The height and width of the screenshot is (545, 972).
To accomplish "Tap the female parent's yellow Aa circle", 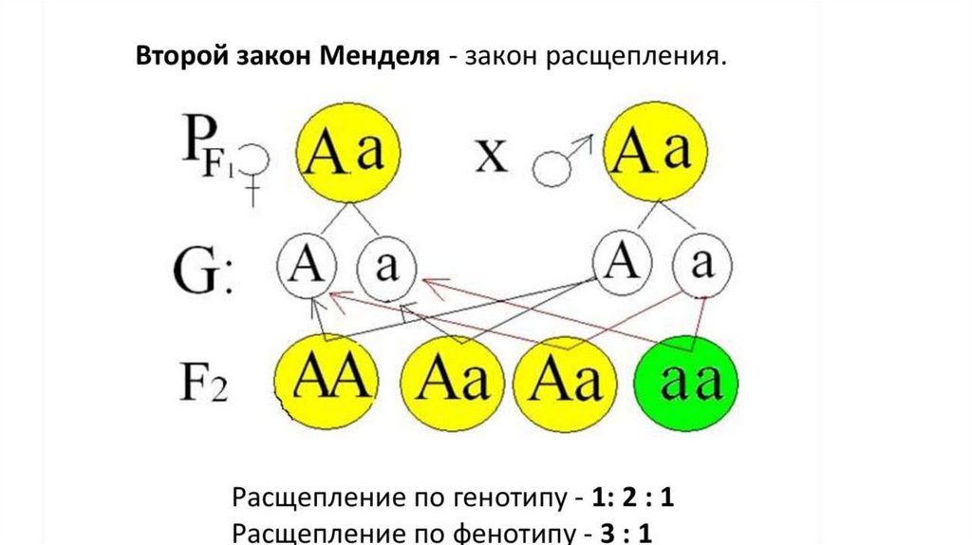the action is (348, 153).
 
